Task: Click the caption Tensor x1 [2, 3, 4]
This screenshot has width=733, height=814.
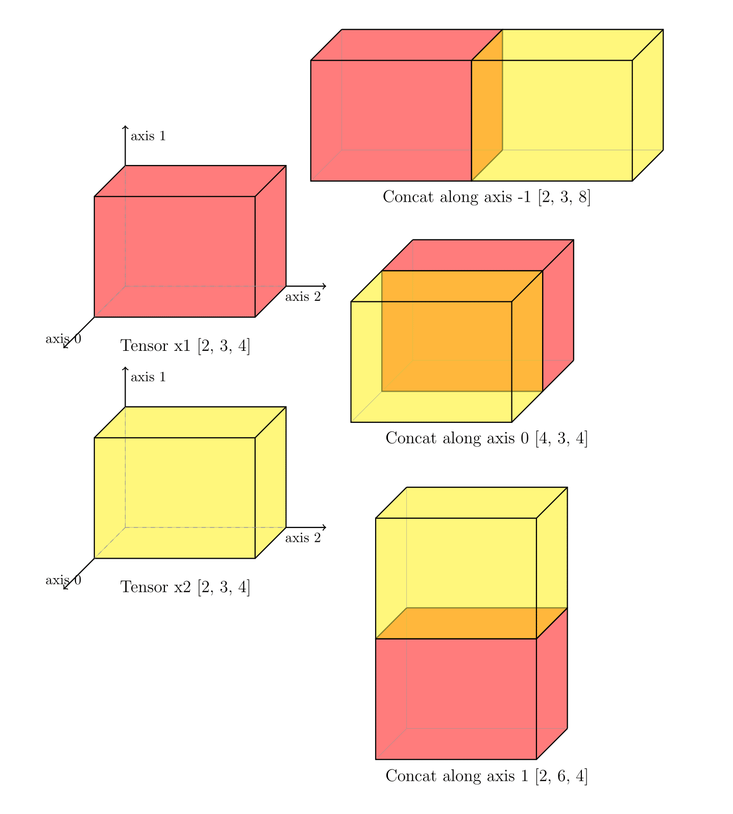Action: coord(185,346)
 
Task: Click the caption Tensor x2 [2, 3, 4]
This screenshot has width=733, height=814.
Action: coord(185,587)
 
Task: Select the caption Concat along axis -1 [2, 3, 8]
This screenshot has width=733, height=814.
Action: coord(486,197)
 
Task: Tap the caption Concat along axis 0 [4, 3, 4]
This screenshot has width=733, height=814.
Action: coord(486,438)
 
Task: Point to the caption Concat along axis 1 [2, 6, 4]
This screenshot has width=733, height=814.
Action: coord(486,776)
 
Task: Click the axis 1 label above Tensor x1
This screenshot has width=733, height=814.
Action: coord(148,136)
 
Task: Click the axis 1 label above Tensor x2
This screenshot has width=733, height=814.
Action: coord(148,377)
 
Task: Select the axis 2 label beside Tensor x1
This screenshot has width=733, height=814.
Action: coord(303,297)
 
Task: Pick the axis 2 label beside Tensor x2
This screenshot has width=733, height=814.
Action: coord(303,538)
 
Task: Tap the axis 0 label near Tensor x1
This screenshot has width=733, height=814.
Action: coord(63,339)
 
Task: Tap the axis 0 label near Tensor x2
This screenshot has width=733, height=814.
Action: coord(63,580)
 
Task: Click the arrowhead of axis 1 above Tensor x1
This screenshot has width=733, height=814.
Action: coord(125,127)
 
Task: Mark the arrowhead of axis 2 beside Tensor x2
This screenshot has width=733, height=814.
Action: coord(325,527)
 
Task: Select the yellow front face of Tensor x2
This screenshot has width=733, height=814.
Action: coord(175,497)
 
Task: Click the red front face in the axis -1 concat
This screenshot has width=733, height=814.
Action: coord(391,121)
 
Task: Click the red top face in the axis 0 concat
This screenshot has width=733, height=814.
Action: coord(477,255)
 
